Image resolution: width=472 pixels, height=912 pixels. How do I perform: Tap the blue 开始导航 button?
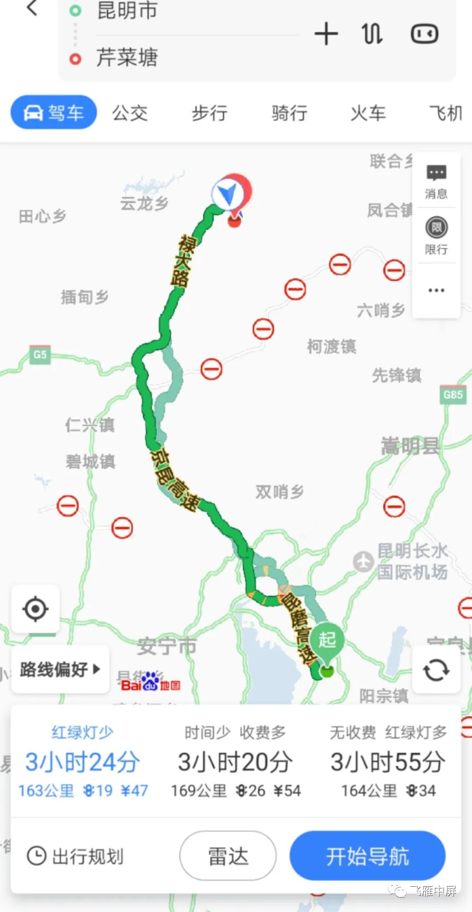pyautogui.click(x=367, y=856)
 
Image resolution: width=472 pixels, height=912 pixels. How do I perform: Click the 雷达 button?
pyautogui.click(x=228, y=856)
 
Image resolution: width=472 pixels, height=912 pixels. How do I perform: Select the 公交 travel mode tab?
pyautogui.click(x=130, y=113)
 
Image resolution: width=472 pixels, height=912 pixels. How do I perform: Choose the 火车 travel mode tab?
pyautogui.click(x=368, y=113)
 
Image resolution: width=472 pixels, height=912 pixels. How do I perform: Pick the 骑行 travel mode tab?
pyautogui.click(x=289, y=113)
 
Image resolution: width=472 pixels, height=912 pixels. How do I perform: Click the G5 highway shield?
pyautogui.click(x=40, y=354)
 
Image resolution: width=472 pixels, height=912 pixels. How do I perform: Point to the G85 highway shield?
pyautogui.click(x=452, y=395)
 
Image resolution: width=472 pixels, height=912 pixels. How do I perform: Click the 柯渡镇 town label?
pyautogui.click(x=331, y=347)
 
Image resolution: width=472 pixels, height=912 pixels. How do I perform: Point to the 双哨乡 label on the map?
pyautogui.click(x=279, y=492)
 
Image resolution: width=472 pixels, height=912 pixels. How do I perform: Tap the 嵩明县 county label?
pyautogui.click(x=410, y=446)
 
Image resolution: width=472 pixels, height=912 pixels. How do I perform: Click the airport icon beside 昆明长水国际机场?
pyautogui.click(x=363, y=561)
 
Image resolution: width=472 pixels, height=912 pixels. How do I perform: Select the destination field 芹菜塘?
pyautogui.click(x=127, y=57)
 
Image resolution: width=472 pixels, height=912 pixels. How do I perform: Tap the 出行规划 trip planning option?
pyautogui.click(x=75, y=856)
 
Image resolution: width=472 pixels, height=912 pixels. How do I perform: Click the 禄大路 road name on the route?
pyautogui.click(x=183, y=261)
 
